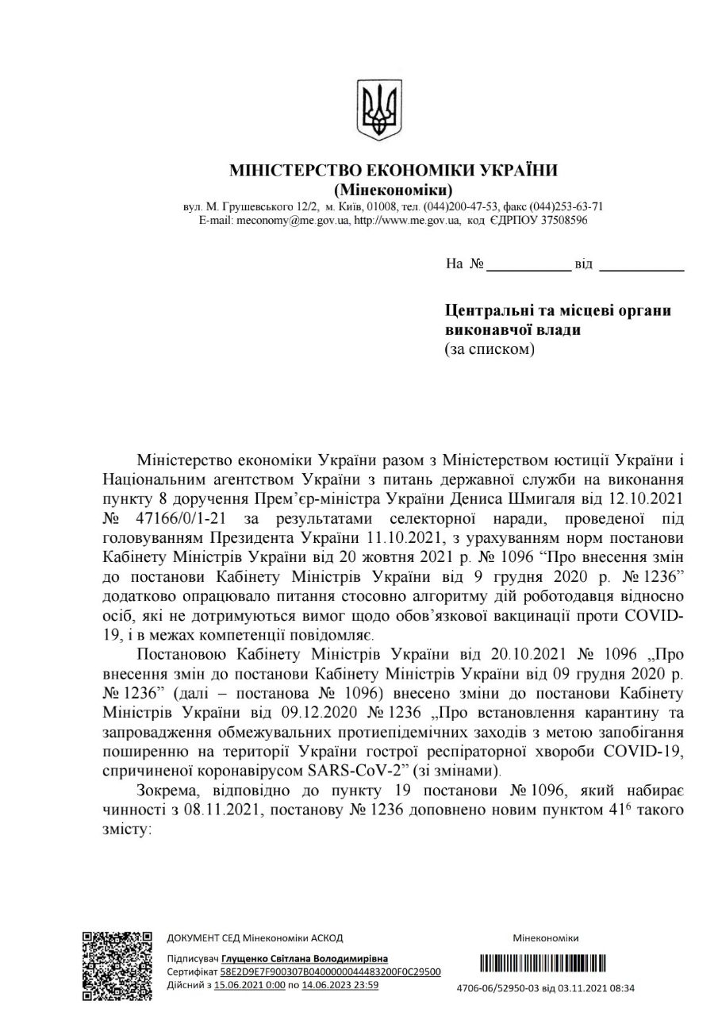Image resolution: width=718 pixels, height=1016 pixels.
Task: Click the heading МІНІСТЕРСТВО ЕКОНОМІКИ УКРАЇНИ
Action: pyautogui.click(x=394, y=171)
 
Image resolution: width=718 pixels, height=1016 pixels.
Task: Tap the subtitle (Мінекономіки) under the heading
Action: pyautogui.click(x=394, y=190)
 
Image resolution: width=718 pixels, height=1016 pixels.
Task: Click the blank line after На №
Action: pyautogui.click(x=528, y=267)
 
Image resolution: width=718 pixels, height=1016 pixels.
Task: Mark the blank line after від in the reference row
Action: pyautogui.click(x=641, y=267)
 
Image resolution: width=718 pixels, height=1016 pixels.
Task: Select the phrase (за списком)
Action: pyautogui.click(x=490, y=349)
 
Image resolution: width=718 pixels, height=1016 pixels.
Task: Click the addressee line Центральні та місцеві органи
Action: pyautogui.click(x=559, y=310)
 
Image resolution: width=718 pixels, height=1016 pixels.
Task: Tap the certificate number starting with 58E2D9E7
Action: pyautogui.click(x=330, y=972)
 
